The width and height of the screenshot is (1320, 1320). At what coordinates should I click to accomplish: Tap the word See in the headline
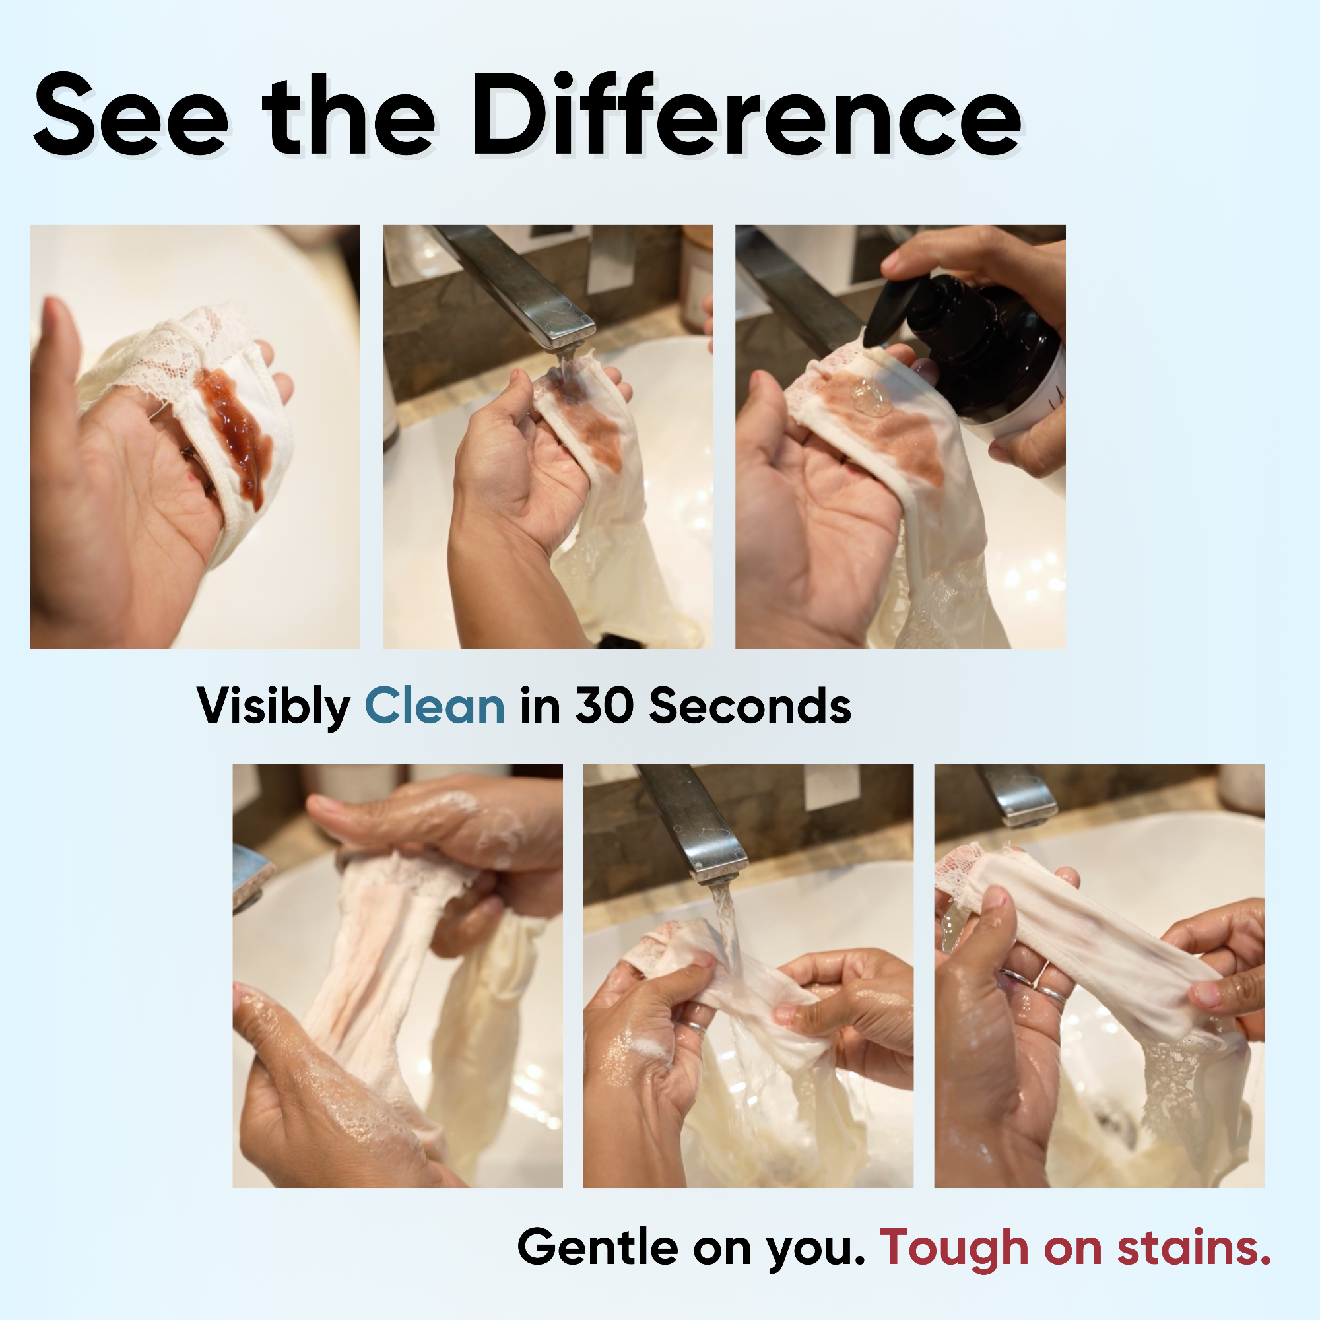pos(131,116)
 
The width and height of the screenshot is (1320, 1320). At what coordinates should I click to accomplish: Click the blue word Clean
pos(434,706)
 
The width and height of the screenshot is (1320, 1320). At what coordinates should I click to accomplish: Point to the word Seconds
pos(750,706)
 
